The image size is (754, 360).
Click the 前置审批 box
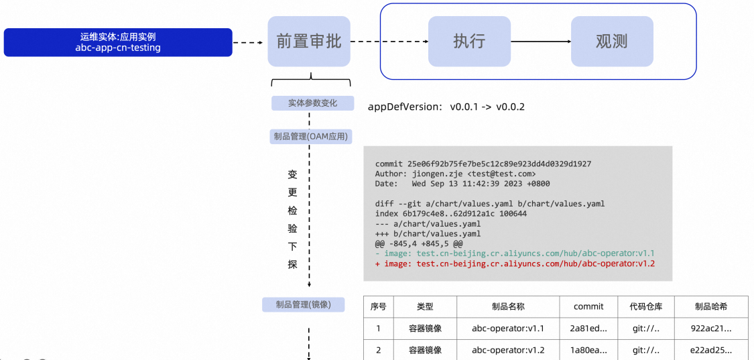309,42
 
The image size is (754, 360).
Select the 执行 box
469,42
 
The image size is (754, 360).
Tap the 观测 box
612,42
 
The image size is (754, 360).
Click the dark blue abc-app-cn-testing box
118,42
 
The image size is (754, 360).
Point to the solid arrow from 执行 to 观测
541,42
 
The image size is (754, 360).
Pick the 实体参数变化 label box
312,103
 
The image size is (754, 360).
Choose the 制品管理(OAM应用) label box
311,137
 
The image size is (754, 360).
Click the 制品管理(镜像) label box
304,304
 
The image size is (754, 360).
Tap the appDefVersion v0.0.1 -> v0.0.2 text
446,107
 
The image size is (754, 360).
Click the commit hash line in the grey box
483,164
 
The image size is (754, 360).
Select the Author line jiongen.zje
455,174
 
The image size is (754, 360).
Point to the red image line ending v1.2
515,263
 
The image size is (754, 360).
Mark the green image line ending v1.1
515,253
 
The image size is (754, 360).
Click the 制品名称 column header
508,306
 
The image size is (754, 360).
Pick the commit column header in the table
588,306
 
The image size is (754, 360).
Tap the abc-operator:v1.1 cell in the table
508,328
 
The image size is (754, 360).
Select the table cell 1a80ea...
588,350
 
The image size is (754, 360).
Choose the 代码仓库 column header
646,306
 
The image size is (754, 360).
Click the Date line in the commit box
462,184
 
